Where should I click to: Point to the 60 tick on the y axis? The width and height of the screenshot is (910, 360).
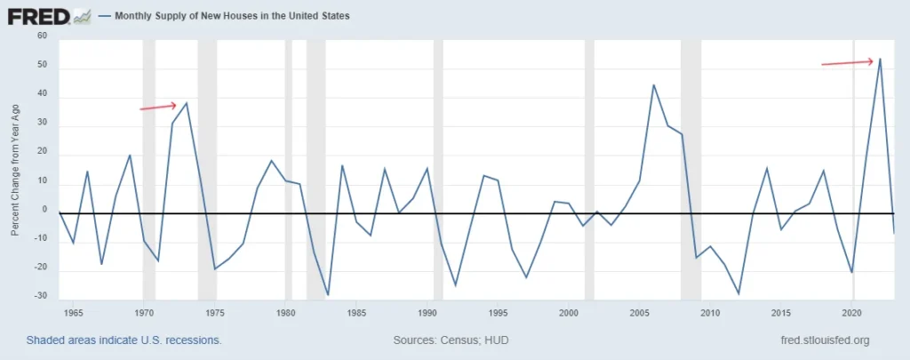pos(41,36)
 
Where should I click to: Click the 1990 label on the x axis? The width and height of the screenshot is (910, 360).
pos(427,313)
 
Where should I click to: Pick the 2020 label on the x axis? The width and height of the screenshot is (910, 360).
pos(852,313)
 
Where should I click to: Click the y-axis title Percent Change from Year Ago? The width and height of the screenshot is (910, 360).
pos(15,169)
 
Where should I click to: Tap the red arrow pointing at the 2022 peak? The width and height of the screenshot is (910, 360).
pos(847,62)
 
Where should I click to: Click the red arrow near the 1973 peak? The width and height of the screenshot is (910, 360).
pos(158,107)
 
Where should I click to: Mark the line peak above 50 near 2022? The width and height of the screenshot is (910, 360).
pos(880,59)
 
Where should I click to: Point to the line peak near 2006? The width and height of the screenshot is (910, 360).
pos(653,85)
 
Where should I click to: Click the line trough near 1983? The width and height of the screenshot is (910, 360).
pos(328,294)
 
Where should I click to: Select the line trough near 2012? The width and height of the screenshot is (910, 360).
pos(738,293)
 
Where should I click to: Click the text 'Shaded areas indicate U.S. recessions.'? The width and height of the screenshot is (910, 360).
pos(124,340)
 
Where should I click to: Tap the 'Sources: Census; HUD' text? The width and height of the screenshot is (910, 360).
pos(450,340)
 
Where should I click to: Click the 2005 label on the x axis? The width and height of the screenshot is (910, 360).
pos(640,313)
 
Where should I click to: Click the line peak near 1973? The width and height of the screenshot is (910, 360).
pos(187,103)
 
